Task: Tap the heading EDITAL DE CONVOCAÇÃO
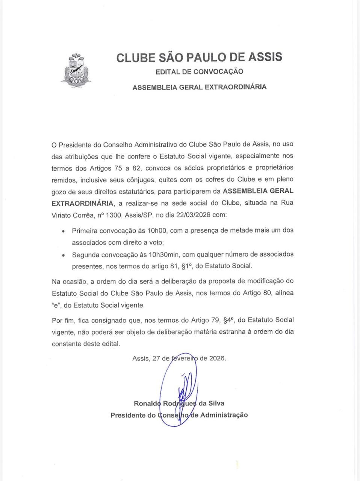point(199,71)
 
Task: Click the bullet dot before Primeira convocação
point(63,231)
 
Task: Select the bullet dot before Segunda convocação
point(63,255)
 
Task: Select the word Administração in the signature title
point(224,415)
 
